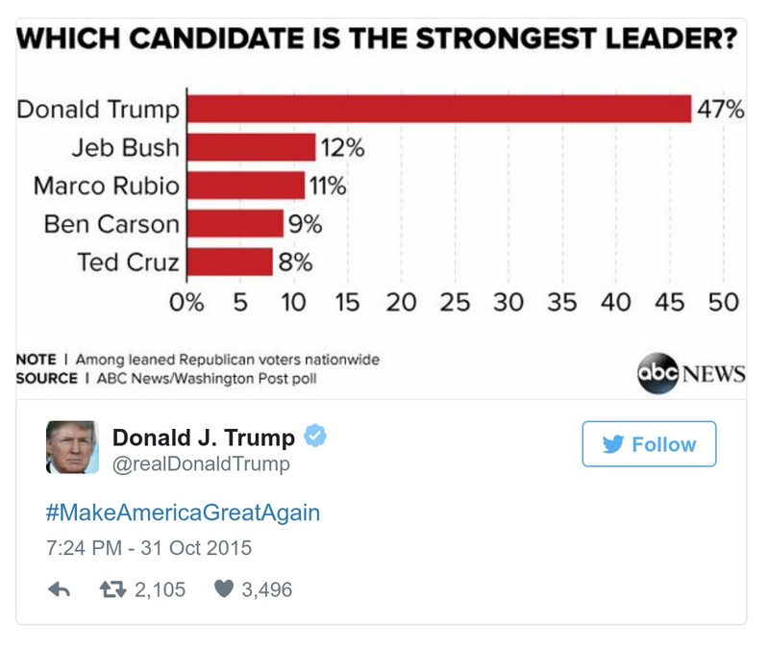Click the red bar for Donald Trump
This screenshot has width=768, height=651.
pyautogui.click(x=438, y=109)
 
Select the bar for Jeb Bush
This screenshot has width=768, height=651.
pyautogui.click(x=250, y=147)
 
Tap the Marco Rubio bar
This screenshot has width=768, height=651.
pyautogui.click(x=245, y=185)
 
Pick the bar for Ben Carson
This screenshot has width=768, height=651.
pyautogui.click(x=235, y=223)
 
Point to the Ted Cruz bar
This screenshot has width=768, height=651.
pyautogui.click(x=229, y=262)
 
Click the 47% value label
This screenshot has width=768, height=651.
pyautogui.click(x=720, y=109)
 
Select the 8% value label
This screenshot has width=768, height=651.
pyautogui.click(x=296, y=262)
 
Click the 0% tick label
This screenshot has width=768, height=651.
pyautogui.click(x=186, y=303)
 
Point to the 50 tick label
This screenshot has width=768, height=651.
pyautogui.click(x=723, y=303)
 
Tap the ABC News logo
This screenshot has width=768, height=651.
pyautogui.click(x=691, y=373)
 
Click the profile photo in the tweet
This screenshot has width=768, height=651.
pyautogui.click(x=72, y=447)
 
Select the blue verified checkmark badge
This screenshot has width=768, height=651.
pyautogui.click(x=315, y=437)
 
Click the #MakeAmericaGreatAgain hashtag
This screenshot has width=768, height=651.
pyautogui.click(x=183, y=512)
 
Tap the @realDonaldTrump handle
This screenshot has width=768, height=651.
pyautogui.click(x=201, y=465)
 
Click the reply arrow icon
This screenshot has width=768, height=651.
pyautogui.click(x=60, y=589)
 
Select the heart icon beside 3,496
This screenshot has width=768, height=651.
pyautogui.click(x=223, y=589)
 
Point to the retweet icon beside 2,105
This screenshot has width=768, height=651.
pyautogui.click(x=113, y=589)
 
